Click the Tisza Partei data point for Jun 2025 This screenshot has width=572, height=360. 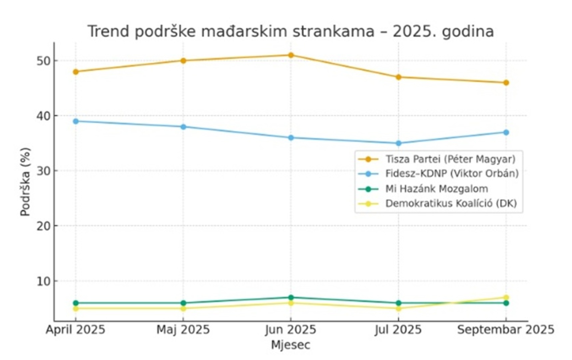[291, 55]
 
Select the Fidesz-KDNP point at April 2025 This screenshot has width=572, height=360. [76, 121]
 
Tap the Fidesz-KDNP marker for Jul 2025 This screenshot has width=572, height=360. [398, 143]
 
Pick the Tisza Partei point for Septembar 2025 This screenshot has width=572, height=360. [506, 83]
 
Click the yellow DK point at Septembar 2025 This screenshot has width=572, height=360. [506, 297]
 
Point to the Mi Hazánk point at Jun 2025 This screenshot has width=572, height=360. [291, 297]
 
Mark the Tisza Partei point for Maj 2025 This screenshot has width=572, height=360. [183, 61]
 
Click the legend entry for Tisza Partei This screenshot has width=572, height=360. [450, 159]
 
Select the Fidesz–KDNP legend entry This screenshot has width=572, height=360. [452, 174]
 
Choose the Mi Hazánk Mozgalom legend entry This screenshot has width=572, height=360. [436, 189]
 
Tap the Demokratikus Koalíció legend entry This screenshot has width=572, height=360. [451, 203]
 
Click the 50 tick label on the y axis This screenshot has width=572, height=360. [42, 61]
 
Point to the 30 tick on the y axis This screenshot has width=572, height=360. [42, 171]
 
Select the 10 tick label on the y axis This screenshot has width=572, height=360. [42, 281]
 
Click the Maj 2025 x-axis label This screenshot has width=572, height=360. [183, 330]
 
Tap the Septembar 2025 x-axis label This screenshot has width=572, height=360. [506, 330]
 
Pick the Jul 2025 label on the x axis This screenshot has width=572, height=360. [398, 330]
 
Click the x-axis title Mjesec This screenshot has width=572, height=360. [290, 345]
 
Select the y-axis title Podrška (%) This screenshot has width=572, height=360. [25, 182]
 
